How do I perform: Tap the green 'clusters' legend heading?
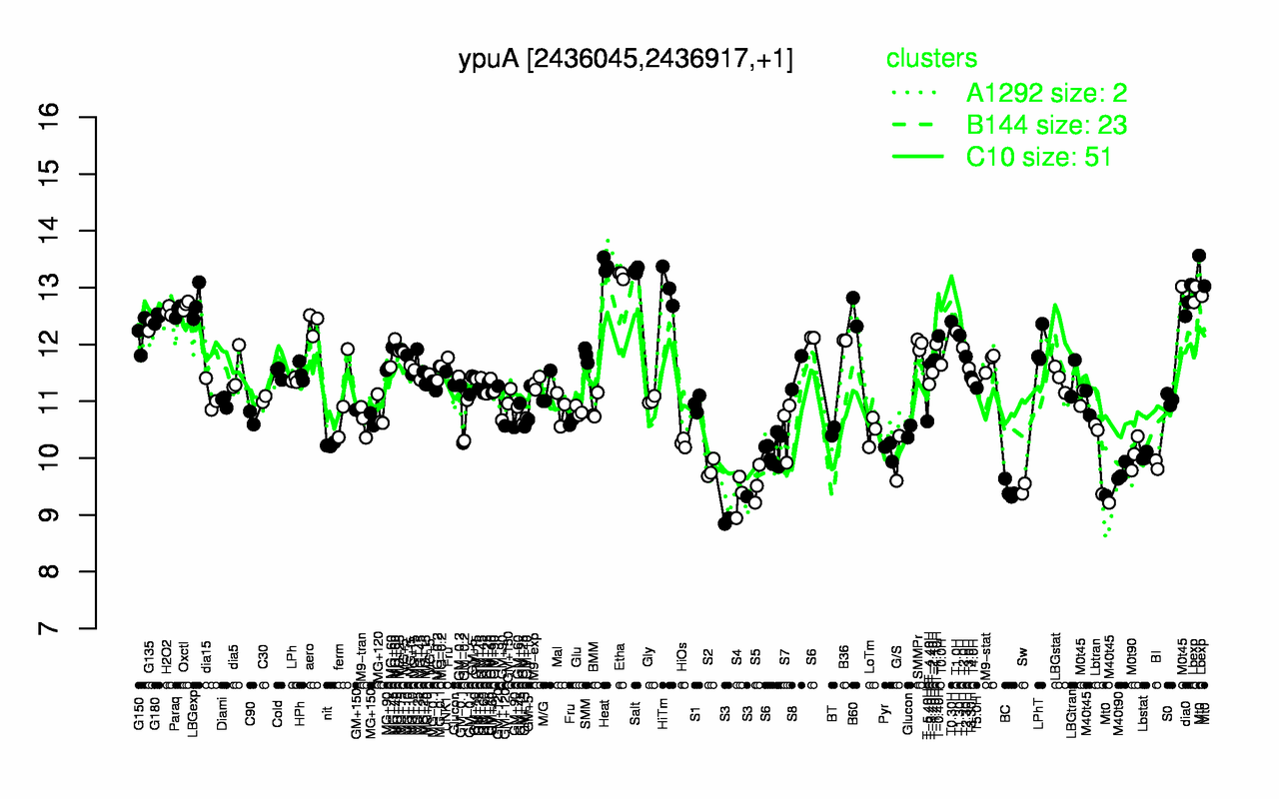tap(931, 59)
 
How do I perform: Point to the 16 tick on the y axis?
tap(78, 117)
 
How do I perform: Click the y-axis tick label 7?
tap(78, 628)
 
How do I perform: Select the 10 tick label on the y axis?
tap(78, 457)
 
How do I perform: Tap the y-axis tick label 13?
tap(78, 288)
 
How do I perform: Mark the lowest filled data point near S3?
tap(724, 524)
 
